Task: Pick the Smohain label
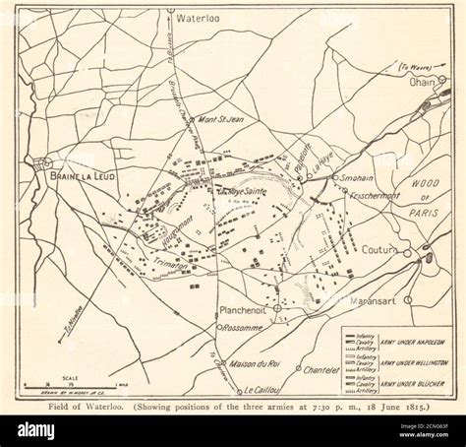pos(359,177)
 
